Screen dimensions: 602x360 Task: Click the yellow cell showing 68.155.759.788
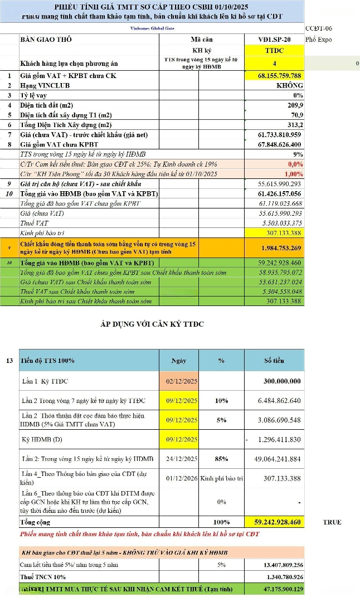pos(274,76)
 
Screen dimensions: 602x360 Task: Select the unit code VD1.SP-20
pos(274,40)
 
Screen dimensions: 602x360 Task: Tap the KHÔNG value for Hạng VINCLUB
pos(289,86)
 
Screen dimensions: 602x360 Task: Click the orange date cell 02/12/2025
pos(179,381)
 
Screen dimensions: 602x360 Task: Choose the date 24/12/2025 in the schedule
pos(179,459)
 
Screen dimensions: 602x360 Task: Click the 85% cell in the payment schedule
pos(221,459)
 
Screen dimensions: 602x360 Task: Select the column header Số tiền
pos(275,361)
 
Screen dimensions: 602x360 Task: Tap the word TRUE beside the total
pos(332,522)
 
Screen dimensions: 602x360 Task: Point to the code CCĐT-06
pos(318,27)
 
